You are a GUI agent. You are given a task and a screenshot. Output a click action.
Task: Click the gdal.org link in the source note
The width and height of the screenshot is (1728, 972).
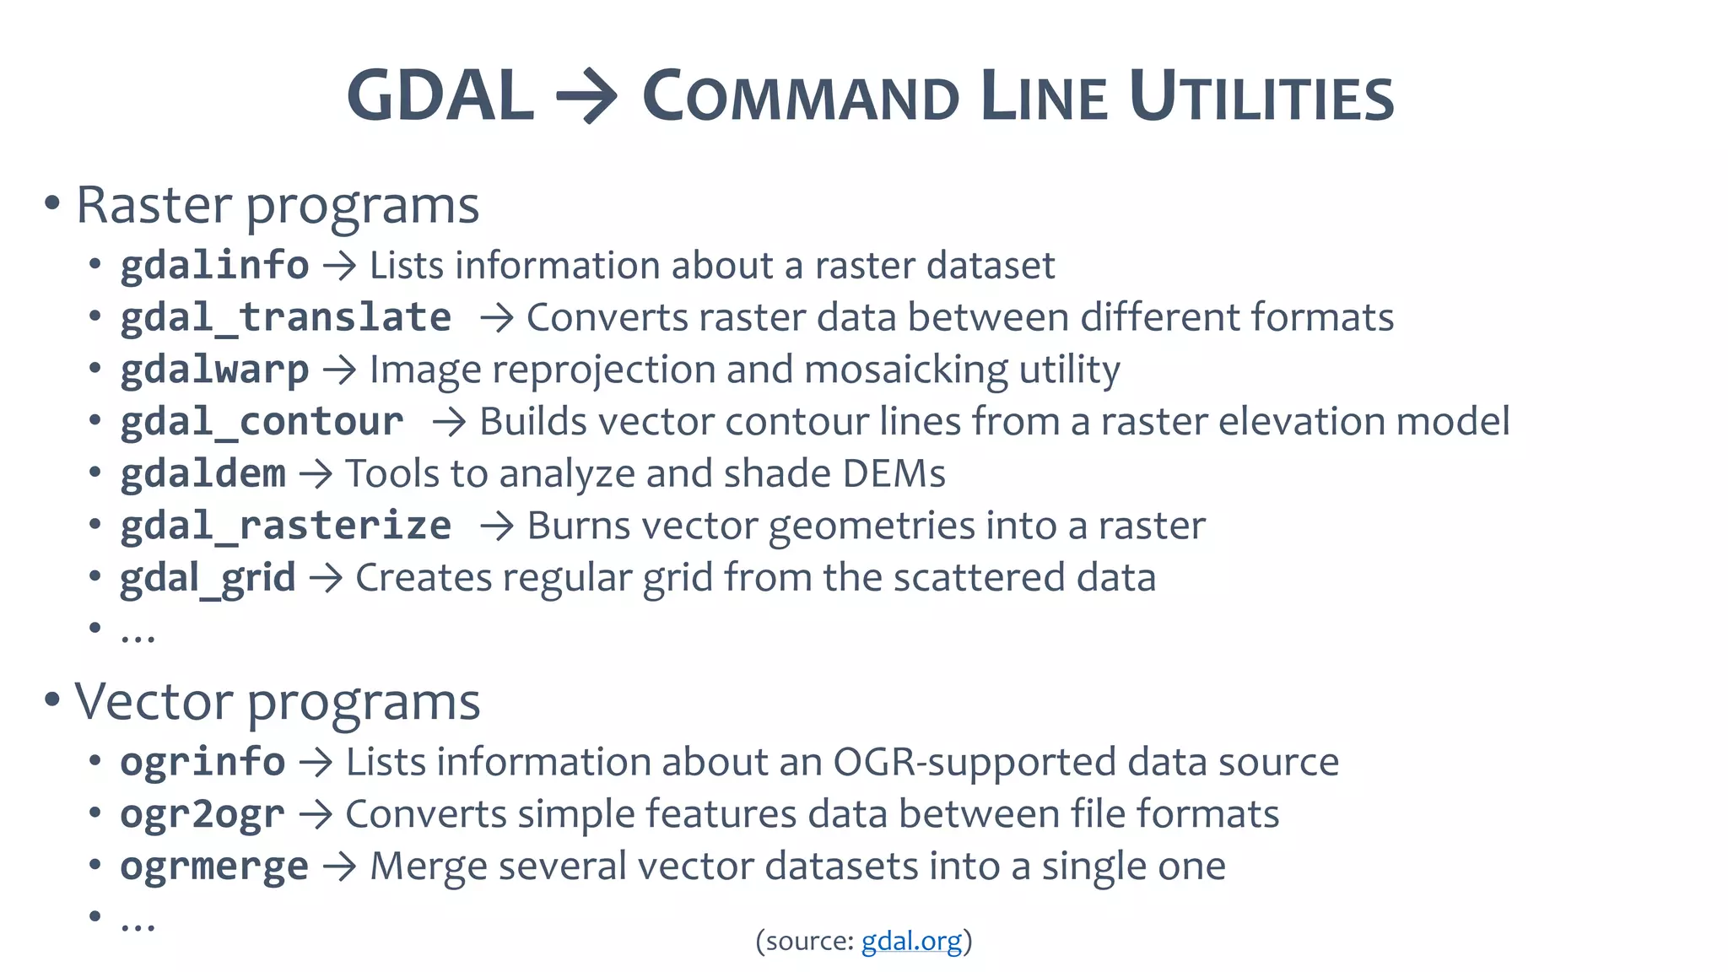coord(910,941)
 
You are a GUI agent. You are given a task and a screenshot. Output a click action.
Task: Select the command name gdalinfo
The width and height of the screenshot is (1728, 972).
coord(214,266)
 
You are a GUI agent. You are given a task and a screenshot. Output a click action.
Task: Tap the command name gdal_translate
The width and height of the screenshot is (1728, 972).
coord(285,318)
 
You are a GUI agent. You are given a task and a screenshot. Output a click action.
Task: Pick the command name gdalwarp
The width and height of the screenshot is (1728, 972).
coord(214,370)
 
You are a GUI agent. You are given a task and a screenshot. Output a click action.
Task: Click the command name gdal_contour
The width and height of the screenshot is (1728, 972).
coord(262,422)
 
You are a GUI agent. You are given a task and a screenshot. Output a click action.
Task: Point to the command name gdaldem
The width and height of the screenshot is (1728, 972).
coord(202,474)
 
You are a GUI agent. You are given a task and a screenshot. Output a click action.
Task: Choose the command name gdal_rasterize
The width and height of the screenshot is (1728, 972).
coord(285,526)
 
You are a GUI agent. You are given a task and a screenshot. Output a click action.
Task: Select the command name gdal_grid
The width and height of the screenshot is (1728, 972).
coord(208,579)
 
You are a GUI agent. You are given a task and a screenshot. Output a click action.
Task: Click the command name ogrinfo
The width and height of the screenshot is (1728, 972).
coord(202,762)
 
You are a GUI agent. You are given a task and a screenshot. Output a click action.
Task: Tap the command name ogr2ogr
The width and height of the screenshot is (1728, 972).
coord(202,814)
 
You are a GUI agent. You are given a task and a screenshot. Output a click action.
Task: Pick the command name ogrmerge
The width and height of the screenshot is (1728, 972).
coord(214,867)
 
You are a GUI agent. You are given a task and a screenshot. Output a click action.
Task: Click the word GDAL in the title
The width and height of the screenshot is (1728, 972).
coord(440,96)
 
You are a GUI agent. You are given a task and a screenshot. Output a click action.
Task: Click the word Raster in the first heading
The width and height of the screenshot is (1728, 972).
coord(154,205)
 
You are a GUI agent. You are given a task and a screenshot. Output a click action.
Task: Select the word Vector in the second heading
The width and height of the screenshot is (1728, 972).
coord(154,701)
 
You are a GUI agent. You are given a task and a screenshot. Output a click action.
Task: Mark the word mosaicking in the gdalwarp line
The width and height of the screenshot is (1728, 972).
coord(905,370)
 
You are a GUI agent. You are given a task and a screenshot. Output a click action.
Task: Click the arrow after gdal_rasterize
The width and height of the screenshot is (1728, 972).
coord(497,526)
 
